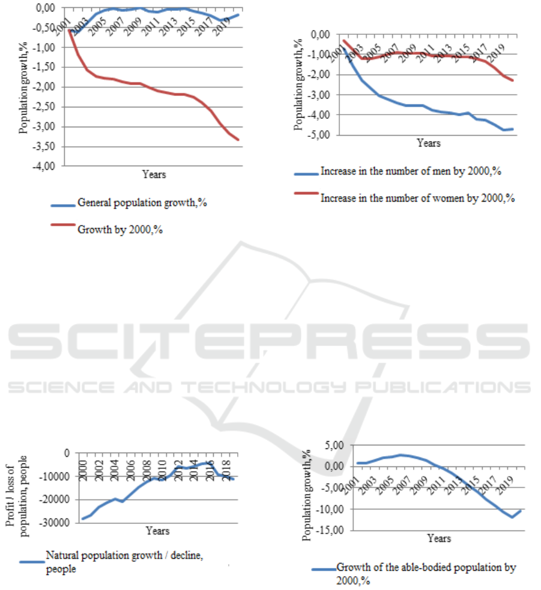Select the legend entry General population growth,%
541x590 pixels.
(x=143, y=203)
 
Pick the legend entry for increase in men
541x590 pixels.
(x=411, y=172)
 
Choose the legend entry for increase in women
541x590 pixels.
(x=418, y=197)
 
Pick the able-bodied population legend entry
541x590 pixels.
(x=426, y=573)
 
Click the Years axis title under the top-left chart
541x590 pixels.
(x=154, y=175)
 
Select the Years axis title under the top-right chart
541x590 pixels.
(x=429, y=144)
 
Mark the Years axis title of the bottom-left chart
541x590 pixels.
(x=158, y=531)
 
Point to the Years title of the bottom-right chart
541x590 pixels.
(x=439, y=539)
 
